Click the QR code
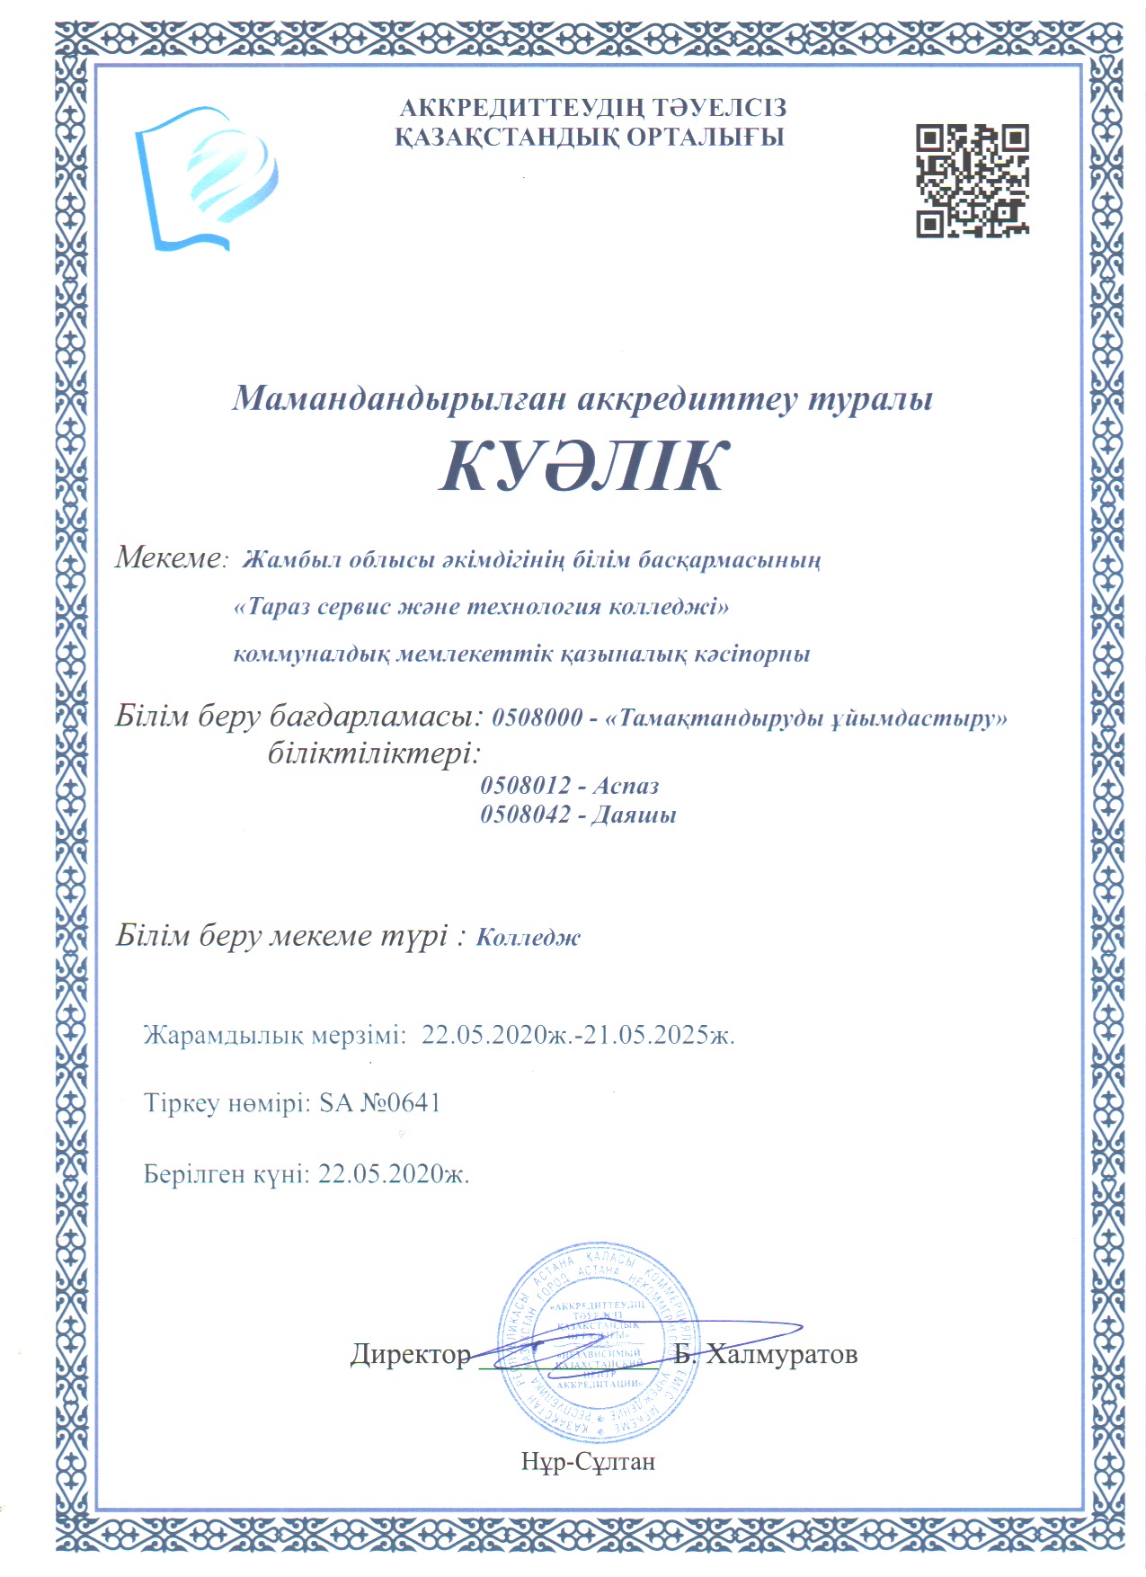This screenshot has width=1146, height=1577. (x=972, y=181)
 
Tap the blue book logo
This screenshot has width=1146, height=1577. (x=206, y=179)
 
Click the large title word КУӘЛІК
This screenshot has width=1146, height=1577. (x=582, y=468)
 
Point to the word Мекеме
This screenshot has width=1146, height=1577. (x=168, y=558)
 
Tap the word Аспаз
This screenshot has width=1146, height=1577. (x=626, y=786)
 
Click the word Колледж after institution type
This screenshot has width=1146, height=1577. (x=529, y=938)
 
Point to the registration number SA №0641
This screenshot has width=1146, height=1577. (x=380, y=1103)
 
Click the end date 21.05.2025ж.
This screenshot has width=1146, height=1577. (x=660, y=1035)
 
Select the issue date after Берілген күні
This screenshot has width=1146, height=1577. (x=394, y=1174)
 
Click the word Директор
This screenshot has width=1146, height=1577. (x=411, y=1354)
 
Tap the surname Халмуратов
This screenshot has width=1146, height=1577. (x=781, y=1354)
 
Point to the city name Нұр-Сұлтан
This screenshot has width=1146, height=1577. (x=588, y=1462)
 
